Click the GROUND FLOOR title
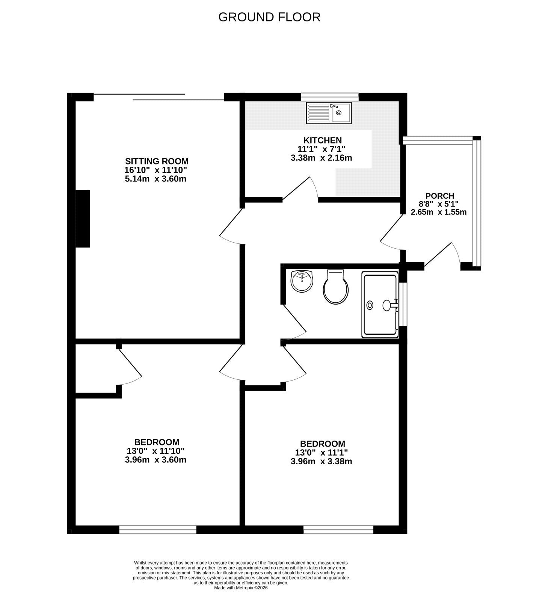click(x=269, y=17)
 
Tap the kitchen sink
click(x=329, y=113)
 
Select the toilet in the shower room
click(x=336, y=287)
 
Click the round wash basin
click(x=302, y=281)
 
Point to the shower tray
click(x=380, y=305)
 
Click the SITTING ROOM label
click(x=157, y=162)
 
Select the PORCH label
click(x=440, y=196)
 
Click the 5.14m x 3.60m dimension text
click(x=155, y=179)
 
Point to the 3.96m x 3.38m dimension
click(x=322, y=461)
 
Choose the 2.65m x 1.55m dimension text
click(x=439, y=212)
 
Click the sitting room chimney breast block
click(x=83, y=219)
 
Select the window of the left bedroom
click(x=158, y=530)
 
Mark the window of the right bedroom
click(x=338, y=530)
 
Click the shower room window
click(x=403, y=304)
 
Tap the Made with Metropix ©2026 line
click(x=241, y=588)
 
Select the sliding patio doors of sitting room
click(x=159, y=97)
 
